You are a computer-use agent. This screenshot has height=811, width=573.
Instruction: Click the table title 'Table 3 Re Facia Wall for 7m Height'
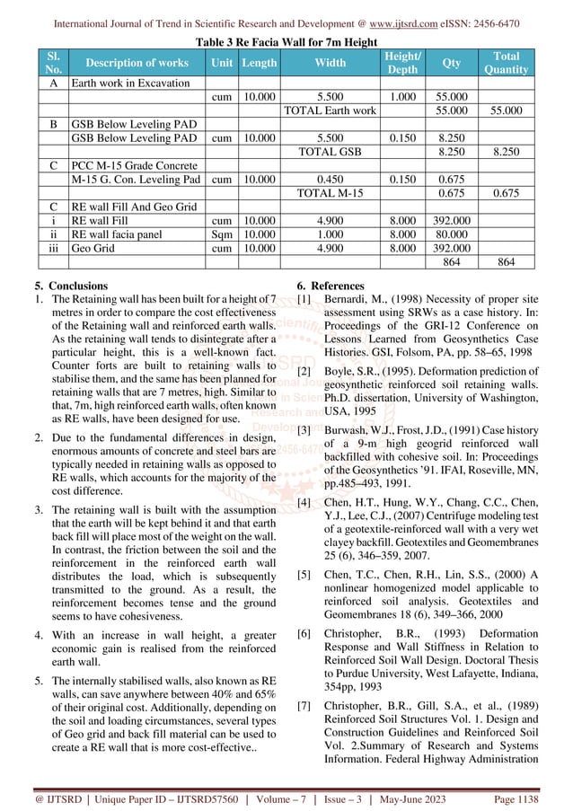pos(286,41)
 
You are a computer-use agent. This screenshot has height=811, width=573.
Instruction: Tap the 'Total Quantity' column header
pos(506,63)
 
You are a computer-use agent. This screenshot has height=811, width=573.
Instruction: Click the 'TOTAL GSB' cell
pos(330,153)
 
